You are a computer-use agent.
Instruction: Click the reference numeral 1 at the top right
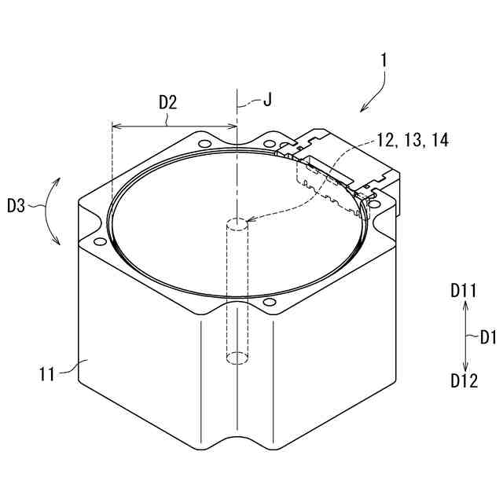tap(384, 61)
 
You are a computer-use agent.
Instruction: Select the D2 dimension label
tap(168, 103)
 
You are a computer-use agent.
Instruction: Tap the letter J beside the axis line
tap(267, 100)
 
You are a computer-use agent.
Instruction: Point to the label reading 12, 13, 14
tap(413, 140)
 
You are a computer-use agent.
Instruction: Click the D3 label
tap(16, 206)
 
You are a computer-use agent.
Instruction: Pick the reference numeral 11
tap(47, 374)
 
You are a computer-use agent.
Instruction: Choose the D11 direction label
tap(464, 291)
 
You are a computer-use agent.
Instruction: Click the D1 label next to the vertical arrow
tap(488, 338)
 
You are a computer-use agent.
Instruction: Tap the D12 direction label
tap(464, 380)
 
